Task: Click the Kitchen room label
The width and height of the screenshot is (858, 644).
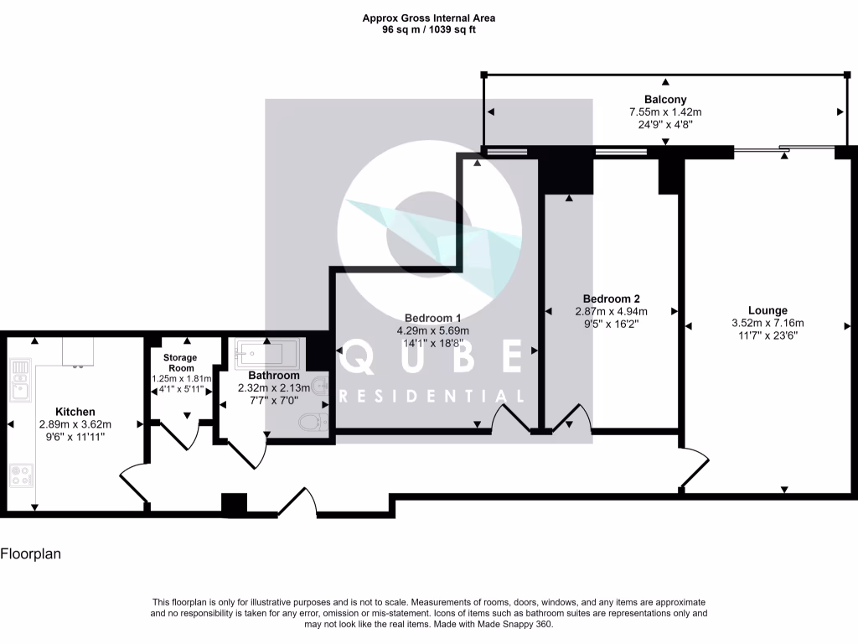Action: (x=75, y=412)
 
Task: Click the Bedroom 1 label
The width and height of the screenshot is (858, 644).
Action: (x=432, y=318)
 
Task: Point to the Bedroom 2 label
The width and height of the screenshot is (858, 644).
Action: (x=611, y=299)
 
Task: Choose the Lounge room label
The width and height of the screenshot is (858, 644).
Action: (x=768, y=310)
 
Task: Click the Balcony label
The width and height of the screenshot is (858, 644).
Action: (x=665, y=99)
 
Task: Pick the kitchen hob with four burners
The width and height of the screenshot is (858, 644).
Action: (x=21, y=475)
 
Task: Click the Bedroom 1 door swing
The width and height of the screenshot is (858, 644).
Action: (x=510, y=418)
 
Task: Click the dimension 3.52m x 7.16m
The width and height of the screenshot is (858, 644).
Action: (x=768, y=323)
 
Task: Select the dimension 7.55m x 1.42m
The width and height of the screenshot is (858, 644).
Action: (x=665, y=112)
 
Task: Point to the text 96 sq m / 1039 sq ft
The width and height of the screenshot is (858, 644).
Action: (x=428, y=29)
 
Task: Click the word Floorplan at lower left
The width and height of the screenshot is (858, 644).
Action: (x=30, y=554)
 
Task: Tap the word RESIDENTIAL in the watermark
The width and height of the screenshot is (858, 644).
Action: (x=432, y=396)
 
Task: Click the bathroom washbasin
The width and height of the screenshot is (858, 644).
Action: (x=319, y=387)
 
